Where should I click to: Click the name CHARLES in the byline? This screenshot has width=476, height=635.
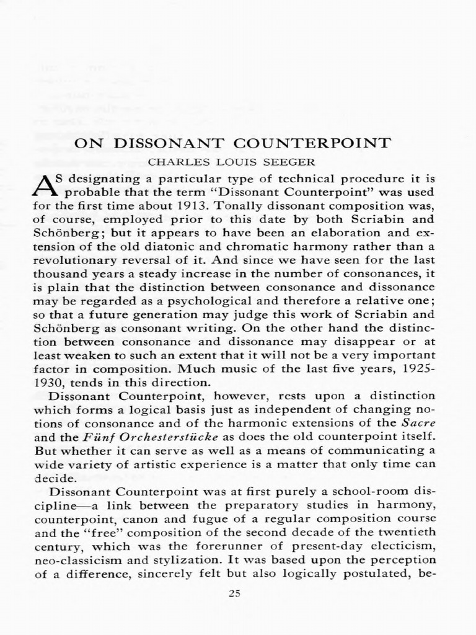[x=172, y=162]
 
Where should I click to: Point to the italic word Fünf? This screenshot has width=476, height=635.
[x=92, y=437]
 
